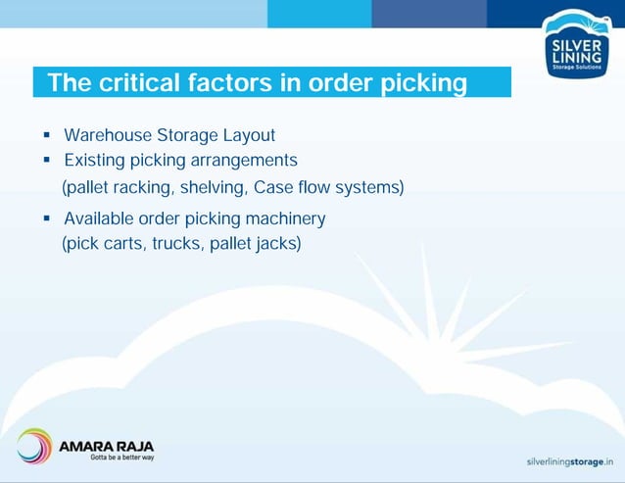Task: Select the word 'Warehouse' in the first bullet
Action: [x=107, y=134]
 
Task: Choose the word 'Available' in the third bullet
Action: [x=100, y=217]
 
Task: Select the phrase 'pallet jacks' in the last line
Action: [x=255, y=243]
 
